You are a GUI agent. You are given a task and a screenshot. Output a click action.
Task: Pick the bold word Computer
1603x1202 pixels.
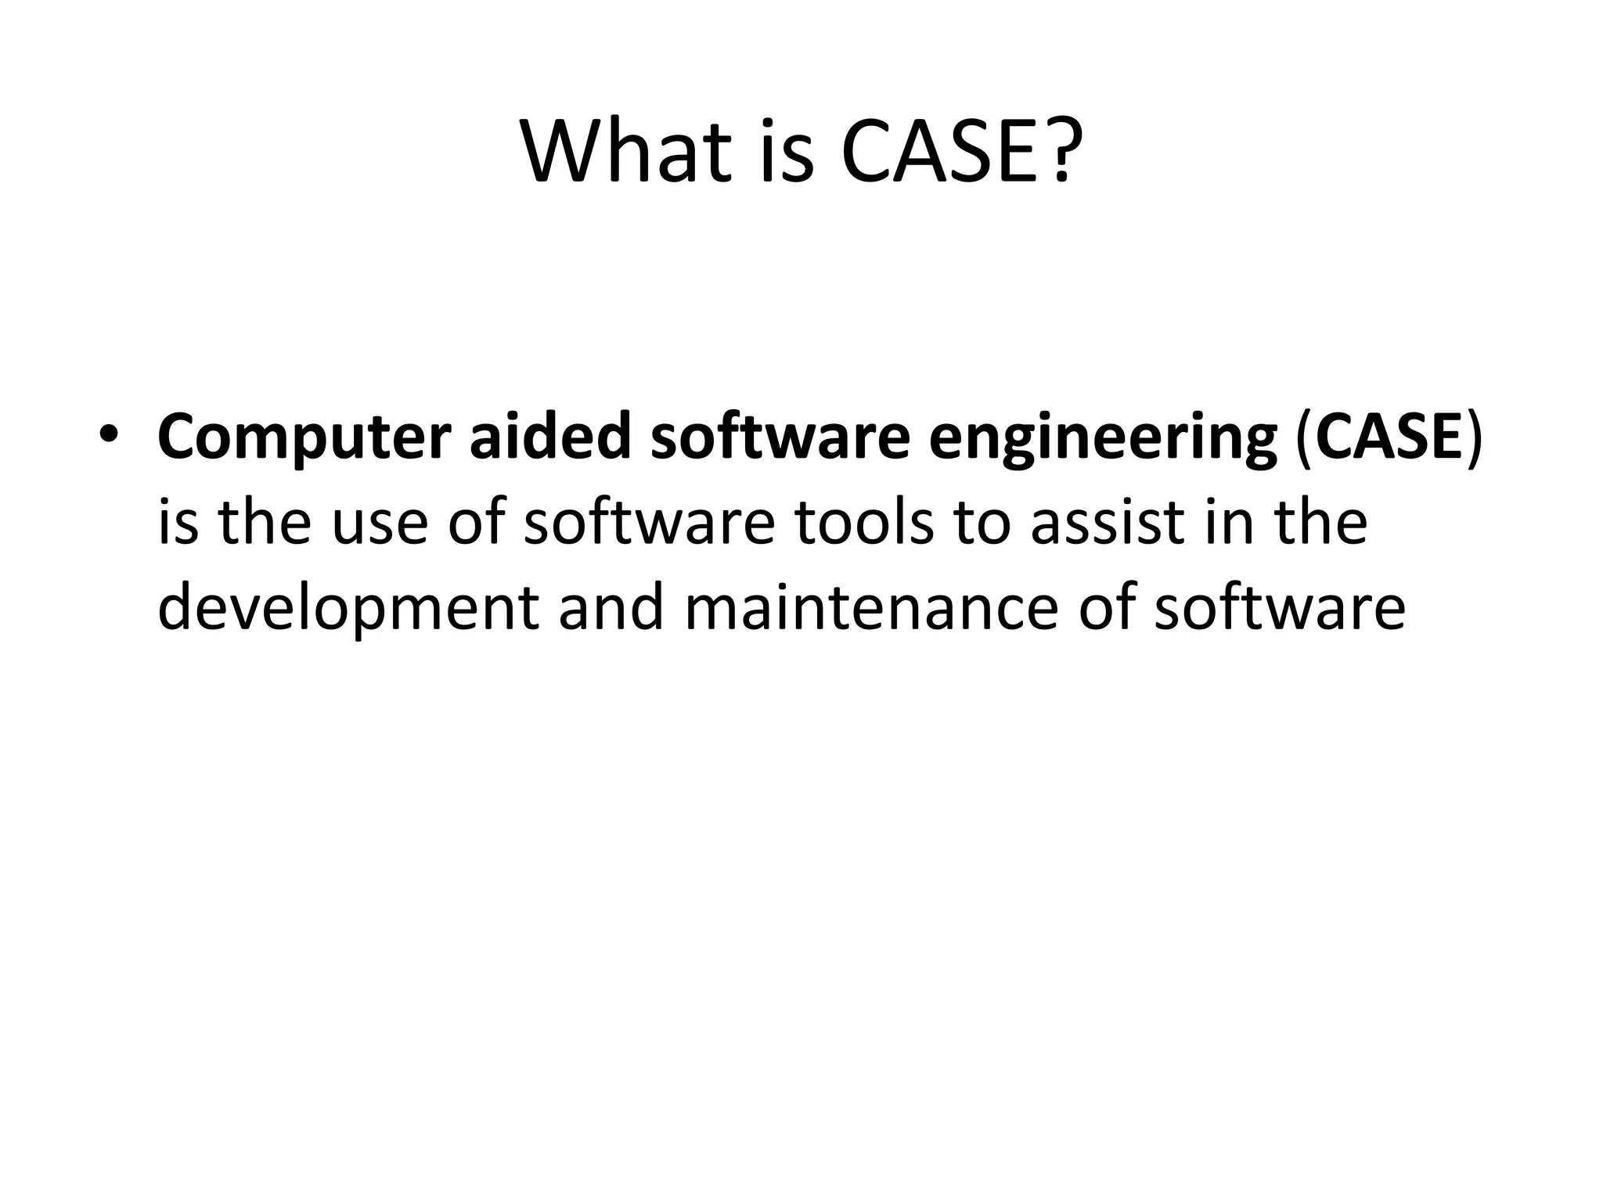(303, 437)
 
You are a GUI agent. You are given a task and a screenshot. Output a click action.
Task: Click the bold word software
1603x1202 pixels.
(780, 435)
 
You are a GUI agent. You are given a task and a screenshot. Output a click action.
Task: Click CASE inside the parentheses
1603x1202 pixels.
(1385, 435)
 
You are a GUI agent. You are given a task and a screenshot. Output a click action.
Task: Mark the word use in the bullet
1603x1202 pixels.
(380, 523)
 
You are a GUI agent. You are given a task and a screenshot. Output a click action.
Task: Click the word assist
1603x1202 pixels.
(1108, 521)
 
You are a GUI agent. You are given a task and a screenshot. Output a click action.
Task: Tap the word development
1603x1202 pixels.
(348, 609)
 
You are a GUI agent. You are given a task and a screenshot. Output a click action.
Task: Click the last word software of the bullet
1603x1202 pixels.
(1279, 607)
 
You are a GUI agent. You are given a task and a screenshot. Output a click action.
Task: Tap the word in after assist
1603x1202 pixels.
(1230, 521)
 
